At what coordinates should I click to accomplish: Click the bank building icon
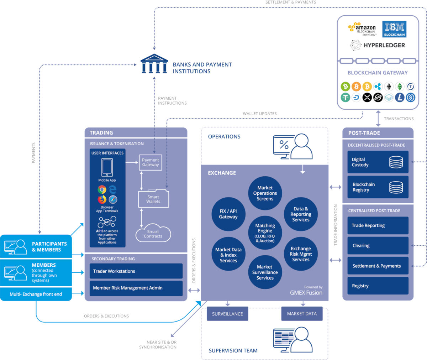coord(154,64)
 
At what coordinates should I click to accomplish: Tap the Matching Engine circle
coord(265,233)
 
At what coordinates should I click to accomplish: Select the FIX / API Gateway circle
coord(228,214)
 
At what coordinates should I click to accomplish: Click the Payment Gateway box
coord(151,162)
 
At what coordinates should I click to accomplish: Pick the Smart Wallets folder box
coord(153,199)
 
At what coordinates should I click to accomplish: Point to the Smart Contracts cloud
coord(153,234)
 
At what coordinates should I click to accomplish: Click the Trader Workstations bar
coord(136,271)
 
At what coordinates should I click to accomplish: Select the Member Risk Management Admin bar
coord(136,288)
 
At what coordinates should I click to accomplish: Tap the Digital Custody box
coord(378,162)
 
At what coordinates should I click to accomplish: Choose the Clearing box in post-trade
coord(378,246)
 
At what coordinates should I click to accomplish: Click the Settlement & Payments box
coord(378,266)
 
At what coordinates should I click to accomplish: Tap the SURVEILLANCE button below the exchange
coord(227,314)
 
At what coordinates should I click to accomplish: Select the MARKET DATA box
coord(302,314)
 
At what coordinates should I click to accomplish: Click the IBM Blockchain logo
coord(394,29)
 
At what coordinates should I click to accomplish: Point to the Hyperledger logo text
coord(384,45)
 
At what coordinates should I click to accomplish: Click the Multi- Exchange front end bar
coord(36,294)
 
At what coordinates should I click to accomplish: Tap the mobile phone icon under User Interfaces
coord(107,167)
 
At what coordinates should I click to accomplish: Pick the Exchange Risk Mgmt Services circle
coord(301,254)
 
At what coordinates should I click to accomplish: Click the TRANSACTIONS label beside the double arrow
coord(399,119)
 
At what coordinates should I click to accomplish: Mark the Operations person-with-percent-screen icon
coord(292,147)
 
